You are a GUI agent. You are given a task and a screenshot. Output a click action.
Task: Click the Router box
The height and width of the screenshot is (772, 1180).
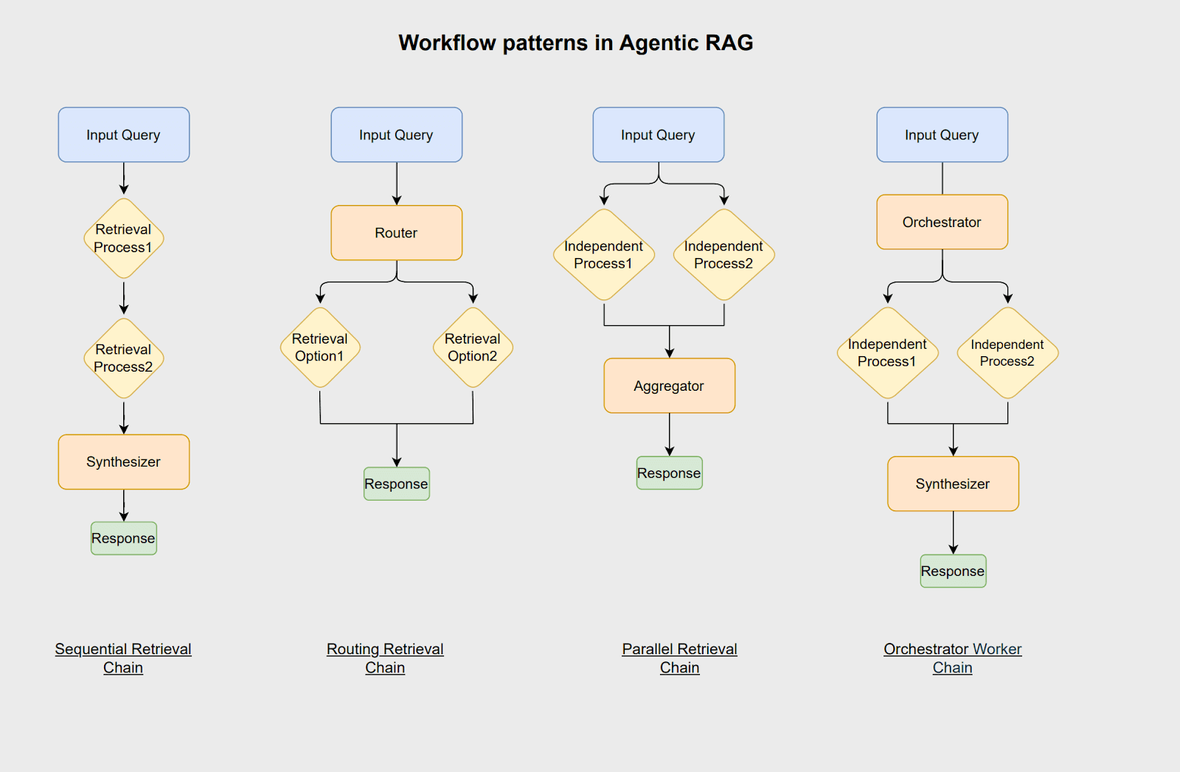(396, 233)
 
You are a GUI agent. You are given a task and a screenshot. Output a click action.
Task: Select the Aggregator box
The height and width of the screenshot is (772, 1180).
(669, 386)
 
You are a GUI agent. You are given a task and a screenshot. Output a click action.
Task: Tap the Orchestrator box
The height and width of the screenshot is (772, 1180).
(942, 222)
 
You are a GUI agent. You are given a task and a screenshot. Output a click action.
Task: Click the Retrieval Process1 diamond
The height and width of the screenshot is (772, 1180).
(123, 238)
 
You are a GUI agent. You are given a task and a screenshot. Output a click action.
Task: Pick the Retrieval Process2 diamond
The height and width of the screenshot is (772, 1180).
(123, 358)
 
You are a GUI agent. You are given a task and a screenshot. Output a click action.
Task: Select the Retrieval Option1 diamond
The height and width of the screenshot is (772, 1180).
(319, 347)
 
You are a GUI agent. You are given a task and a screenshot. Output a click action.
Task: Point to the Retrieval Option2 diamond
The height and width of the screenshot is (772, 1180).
(472, 347)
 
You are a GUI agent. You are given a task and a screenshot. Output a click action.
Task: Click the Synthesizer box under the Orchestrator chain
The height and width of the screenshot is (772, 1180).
(953, 484)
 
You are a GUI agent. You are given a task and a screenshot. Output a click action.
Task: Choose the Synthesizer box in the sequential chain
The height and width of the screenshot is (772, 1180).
(123, 462)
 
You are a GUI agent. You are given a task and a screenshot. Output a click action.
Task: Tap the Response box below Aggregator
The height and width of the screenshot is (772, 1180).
(669, 473)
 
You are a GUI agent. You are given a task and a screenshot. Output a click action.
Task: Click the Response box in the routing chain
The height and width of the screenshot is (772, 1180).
(396, 484)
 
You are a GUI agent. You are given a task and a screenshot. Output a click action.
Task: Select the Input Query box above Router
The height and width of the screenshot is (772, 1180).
(396, 135)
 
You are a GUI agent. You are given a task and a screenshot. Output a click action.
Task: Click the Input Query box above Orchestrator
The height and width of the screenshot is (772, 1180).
(942, 135)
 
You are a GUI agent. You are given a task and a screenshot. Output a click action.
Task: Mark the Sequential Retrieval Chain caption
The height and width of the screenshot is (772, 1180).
(123, 658)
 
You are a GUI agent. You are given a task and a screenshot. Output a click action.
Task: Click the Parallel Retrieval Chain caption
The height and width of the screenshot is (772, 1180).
(679, 658)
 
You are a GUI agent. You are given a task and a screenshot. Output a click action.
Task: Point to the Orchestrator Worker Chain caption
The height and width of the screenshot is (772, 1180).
(952, 658)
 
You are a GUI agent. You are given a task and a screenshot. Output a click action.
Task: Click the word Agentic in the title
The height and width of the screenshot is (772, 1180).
(658, 43)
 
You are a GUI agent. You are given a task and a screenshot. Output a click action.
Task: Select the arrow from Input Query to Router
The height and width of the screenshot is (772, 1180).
(397, 184)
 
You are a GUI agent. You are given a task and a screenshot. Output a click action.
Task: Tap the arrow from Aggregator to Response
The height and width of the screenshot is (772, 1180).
(670, 434)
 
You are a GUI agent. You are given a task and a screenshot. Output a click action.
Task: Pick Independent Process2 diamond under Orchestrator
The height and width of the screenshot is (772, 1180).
(1007, 352)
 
